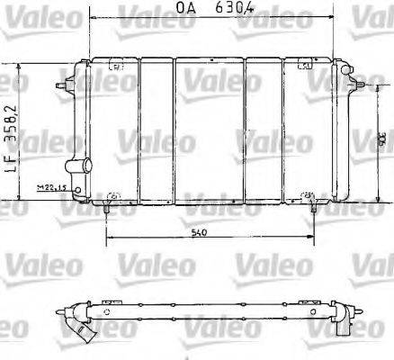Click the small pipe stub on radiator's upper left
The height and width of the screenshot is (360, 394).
[x=63, y=86]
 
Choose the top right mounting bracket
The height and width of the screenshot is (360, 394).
[x=304, y=65]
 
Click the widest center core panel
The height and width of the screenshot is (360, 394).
[x=208, y=130]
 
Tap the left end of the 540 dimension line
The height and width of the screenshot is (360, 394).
[x=107, y=240]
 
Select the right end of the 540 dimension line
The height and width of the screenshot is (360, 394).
[x=313, y=240]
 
